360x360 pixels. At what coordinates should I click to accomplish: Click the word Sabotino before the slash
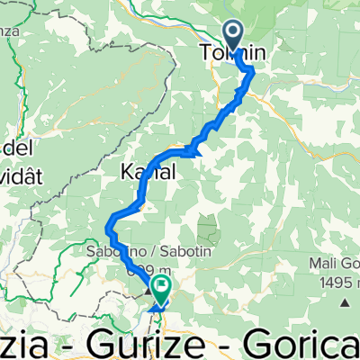(112, 252)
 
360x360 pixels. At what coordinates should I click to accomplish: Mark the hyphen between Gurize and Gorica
(237, 343)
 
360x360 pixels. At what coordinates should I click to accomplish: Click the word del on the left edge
(14, 144)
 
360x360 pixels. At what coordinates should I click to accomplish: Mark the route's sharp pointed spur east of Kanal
(196, 148)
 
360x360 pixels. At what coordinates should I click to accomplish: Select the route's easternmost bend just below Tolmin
(252, 71)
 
